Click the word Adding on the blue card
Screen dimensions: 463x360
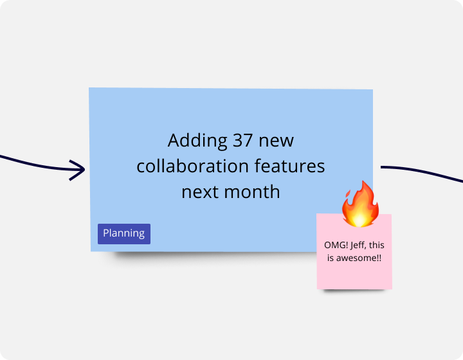click(x=189, y=141)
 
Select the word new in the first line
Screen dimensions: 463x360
click(x=278, y=141)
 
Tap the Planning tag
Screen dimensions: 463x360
click(x=124, y=233)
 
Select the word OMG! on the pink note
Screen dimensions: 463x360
click(x=336, y=246)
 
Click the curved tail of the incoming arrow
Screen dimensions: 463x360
click(x=32, y=164)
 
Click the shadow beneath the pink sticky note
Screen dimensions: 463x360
click(x=355, y=292)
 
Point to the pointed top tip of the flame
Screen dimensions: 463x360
click(x=367, y=183)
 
